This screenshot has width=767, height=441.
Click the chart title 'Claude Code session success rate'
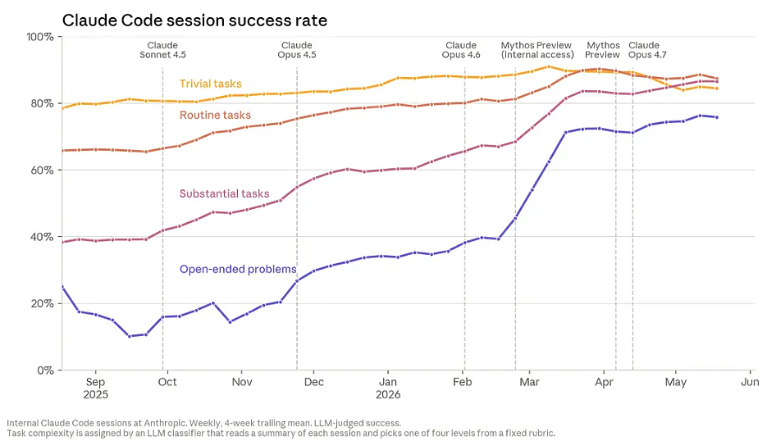pos(194,20)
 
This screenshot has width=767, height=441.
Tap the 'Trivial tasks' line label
pos(210,84)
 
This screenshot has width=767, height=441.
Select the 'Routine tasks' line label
pos(215,115)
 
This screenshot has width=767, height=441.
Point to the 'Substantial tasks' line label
pos(225,193)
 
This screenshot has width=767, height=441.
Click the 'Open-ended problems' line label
pos(238,269)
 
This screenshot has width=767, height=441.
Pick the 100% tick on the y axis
pos(40,37)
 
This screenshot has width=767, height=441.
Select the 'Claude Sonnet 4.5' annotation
pos(163,50)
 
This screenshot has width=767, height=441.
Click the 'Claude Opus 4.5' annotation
pos(297,50)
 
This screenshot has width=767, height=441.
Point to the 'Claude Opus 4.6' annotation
pos(461,50)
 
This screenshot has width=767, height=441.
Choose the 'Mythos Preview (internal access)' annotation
pos(537,50)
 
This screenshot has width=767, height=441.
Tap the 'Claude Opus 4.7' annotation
pos(647,50)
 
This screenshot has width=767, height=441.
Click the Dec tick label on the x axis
pos(314,382)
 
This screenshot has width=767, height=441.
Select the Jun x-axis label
pos(750,382)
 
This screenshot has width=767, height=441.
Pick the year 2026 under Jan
pos(388,394)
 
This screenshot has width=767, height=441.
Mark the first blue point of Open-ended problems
pos(62,287)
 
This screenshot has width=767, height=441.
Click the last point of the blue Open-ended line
pos(717,117)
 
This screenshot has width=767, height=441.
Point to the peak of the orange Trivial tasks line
pos(548,66)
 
